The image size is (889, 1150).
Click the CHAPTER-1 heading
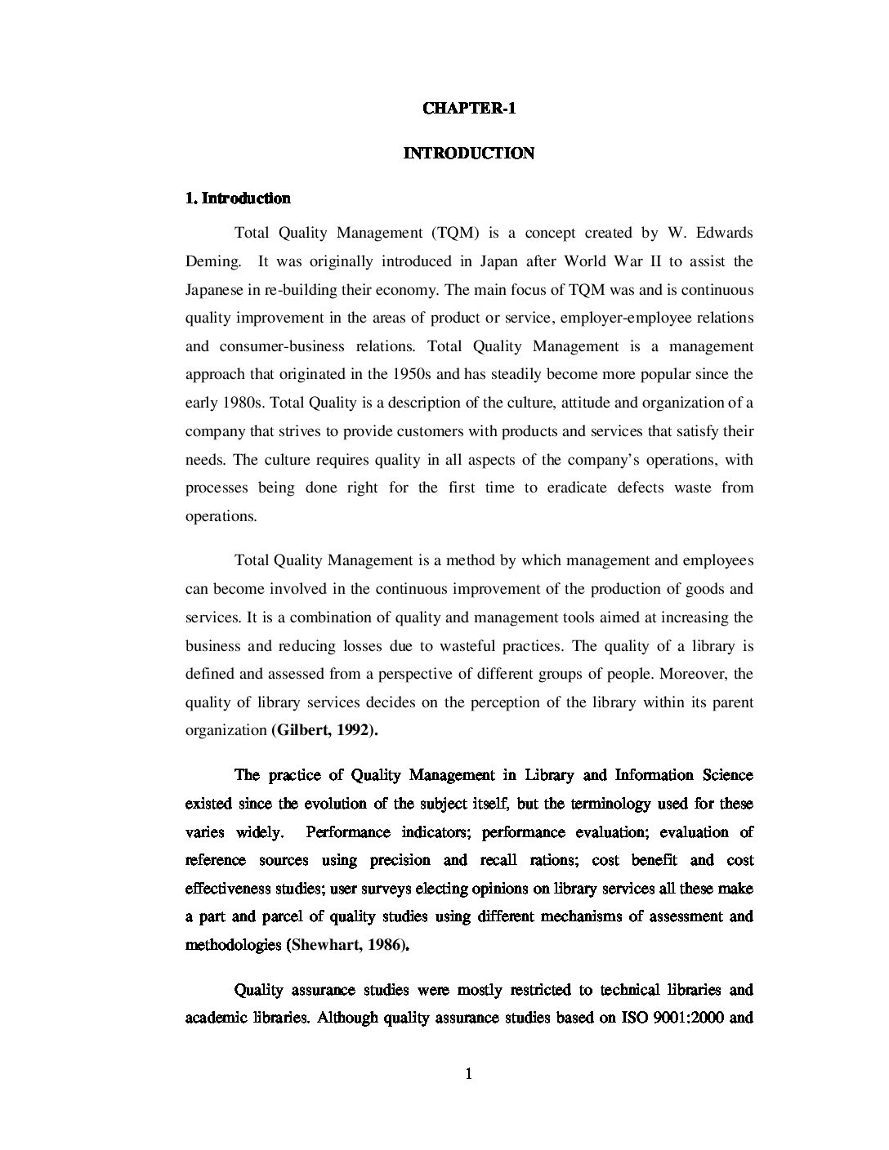click(x=468, y=109)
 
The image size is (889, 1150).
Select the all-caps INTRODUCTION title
click(x=468, y=154)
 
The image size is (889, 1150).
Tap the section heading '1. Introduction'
click(x=238, y=198)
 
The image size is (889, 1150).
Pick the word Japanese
click(x=214, y=290)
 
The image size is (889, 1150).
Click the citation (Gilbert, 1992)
click(x=324, y=731)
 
